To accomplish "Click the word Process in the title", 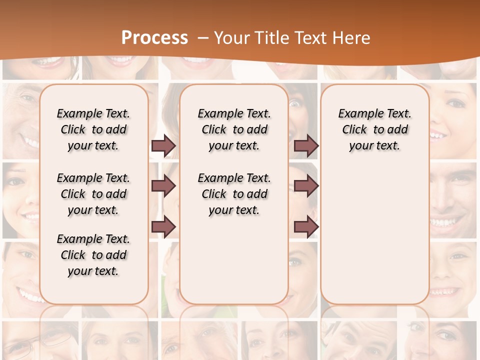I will click(x=154, y=38).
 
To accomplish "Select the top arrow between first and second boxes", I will click(x=163, y=146).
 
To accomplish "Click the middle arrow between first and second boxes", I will click(x=163, y=186).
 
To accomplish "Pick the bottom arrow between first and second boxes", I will click(x=163, y=226).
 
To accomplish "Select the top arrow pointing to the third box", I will click(x=306, y=146).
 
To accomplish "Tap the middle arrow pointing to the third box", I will click(x=306, y=186).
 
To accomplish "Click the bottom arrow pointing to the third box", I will click(x=306, y=226).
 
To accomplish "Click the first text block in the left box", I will click(x=93, y=129).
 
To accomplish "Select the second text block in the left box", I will click(x=93, y=194).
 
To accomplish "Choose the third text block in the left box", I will click(x=93, y=255).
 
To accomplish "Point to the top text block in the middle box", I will click(x=234, y=129).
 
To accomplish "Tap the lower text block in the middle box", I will click(x=234, y=194).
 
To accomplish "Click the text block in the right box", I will click(x=374, y=129).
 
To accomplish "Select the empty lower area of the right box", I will click(x=374, y=230).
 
